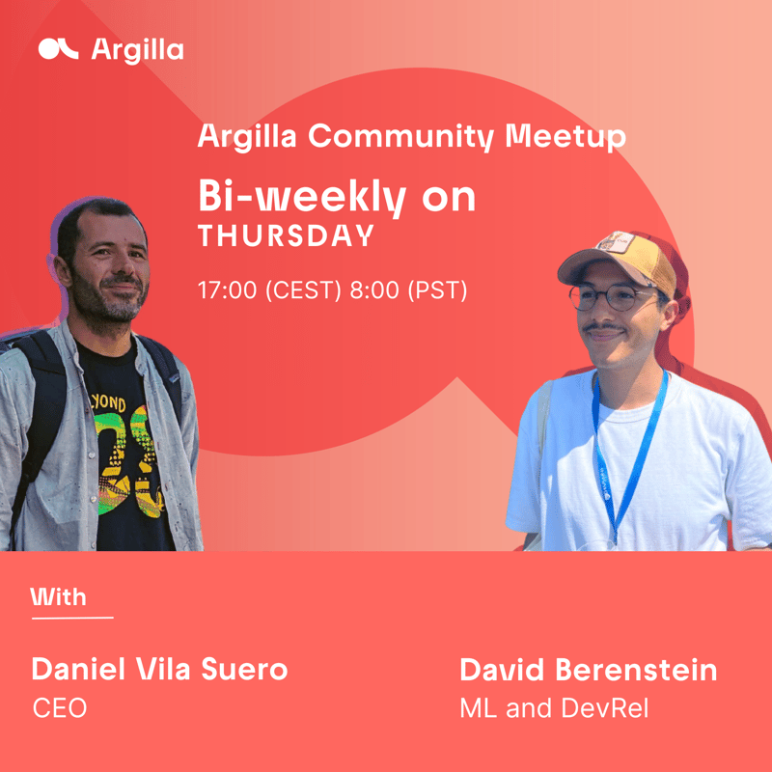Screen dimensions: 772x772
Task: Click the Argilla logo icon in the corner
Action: point(58,49)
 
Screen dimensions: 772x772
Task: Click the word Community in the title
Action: point(401,136)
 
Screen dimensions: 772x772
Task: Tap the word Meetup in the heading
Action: point(565,137)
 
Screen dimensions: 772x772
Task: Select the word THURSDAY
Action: point(286,235)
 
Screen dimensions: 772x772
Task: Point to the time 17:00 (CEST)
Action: point(269,290)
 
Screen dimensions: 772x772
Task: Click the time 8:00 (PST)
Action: point(408,290)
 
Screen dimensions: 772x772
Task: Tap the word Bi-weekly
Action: point(302,197)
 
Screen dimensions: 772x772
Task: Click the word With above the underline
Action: point(58,596)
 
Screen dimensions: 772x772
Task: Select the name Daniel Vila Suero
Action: point(159,669)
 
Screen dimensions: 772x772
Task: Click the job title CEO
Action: point(60,708)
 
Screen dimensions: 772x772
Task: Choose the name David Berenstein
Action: point(589,670)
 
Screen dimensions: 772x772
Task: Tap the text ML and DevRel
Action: point(554,708)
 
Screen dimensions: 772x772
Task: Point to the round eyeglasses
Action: point(611,297)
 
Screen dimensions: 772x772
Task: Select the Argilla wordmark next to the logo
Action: point(137,51)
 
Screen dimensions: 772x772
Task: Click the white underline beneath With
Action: point(72,618)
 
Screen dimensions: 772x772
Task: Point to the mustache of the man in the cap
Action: point(604,327)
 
